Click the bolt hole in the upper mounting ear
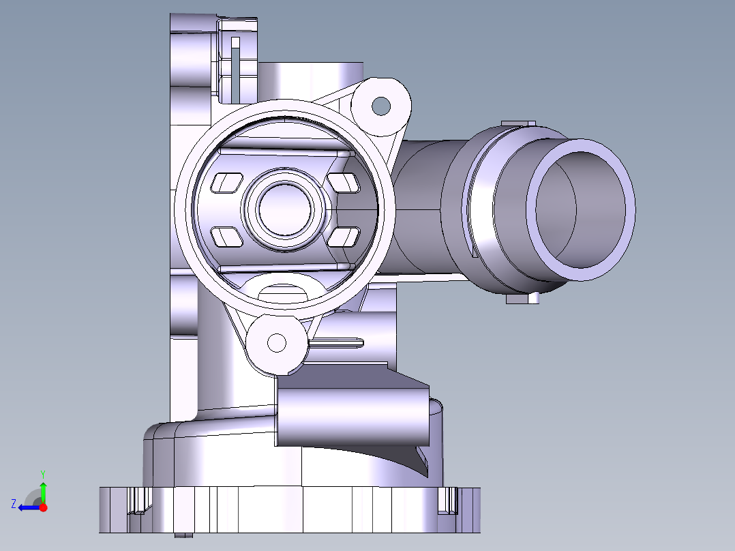pos(381,106)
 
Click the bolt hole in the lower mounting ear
pos(277,342)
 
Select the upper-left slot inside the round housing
pos(228,182)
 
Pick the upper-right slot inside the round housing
pos(344,182)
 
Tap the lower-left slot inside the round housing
pos(228,237)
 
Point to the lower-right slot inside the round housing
pos(344,237)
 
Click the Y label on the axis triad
pos(42,473)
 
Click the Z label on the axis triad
pos(13,504)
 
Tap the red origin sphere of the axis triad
pos(44,507)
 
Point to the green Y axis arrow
pos(44,491)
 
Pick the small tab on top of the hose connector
pos(518,123)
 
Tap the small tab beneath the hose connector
pos(523,299)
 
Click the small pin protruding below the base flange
pos(183,535)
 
